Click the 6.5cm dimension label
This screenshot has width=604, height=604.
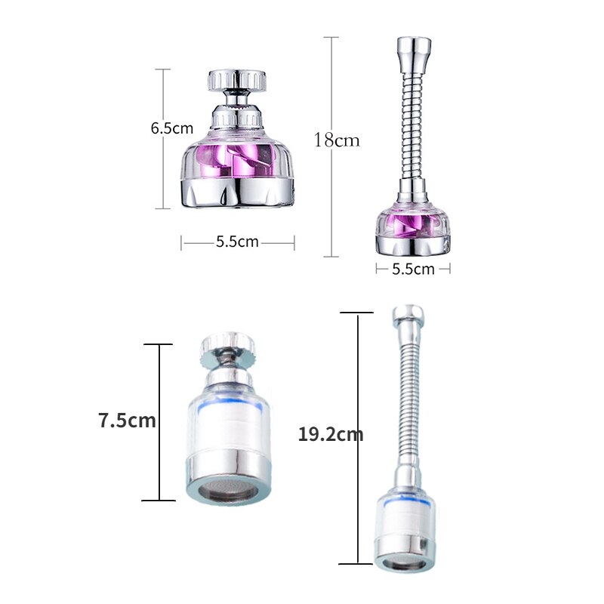pos(172,128)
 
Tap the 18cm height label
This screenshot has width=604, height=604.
pos(337,140)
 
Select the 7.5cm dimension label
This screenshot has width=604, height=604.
pos(128,420)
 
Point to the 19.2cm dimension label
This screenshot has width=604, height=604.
pos(331,434)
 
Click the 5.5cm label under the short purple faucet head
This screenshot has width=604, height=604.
pos(237,242)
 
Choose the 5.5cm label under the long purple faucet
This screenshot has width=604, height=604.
pos(413,269)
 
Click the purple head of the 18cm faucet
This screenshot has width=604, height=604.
pos(413,226)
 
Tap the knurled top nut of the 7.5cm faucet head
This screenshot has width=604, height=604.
pos(228,346)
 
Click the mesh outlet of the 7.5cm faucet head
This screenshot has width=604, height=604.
pos(228,490)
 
